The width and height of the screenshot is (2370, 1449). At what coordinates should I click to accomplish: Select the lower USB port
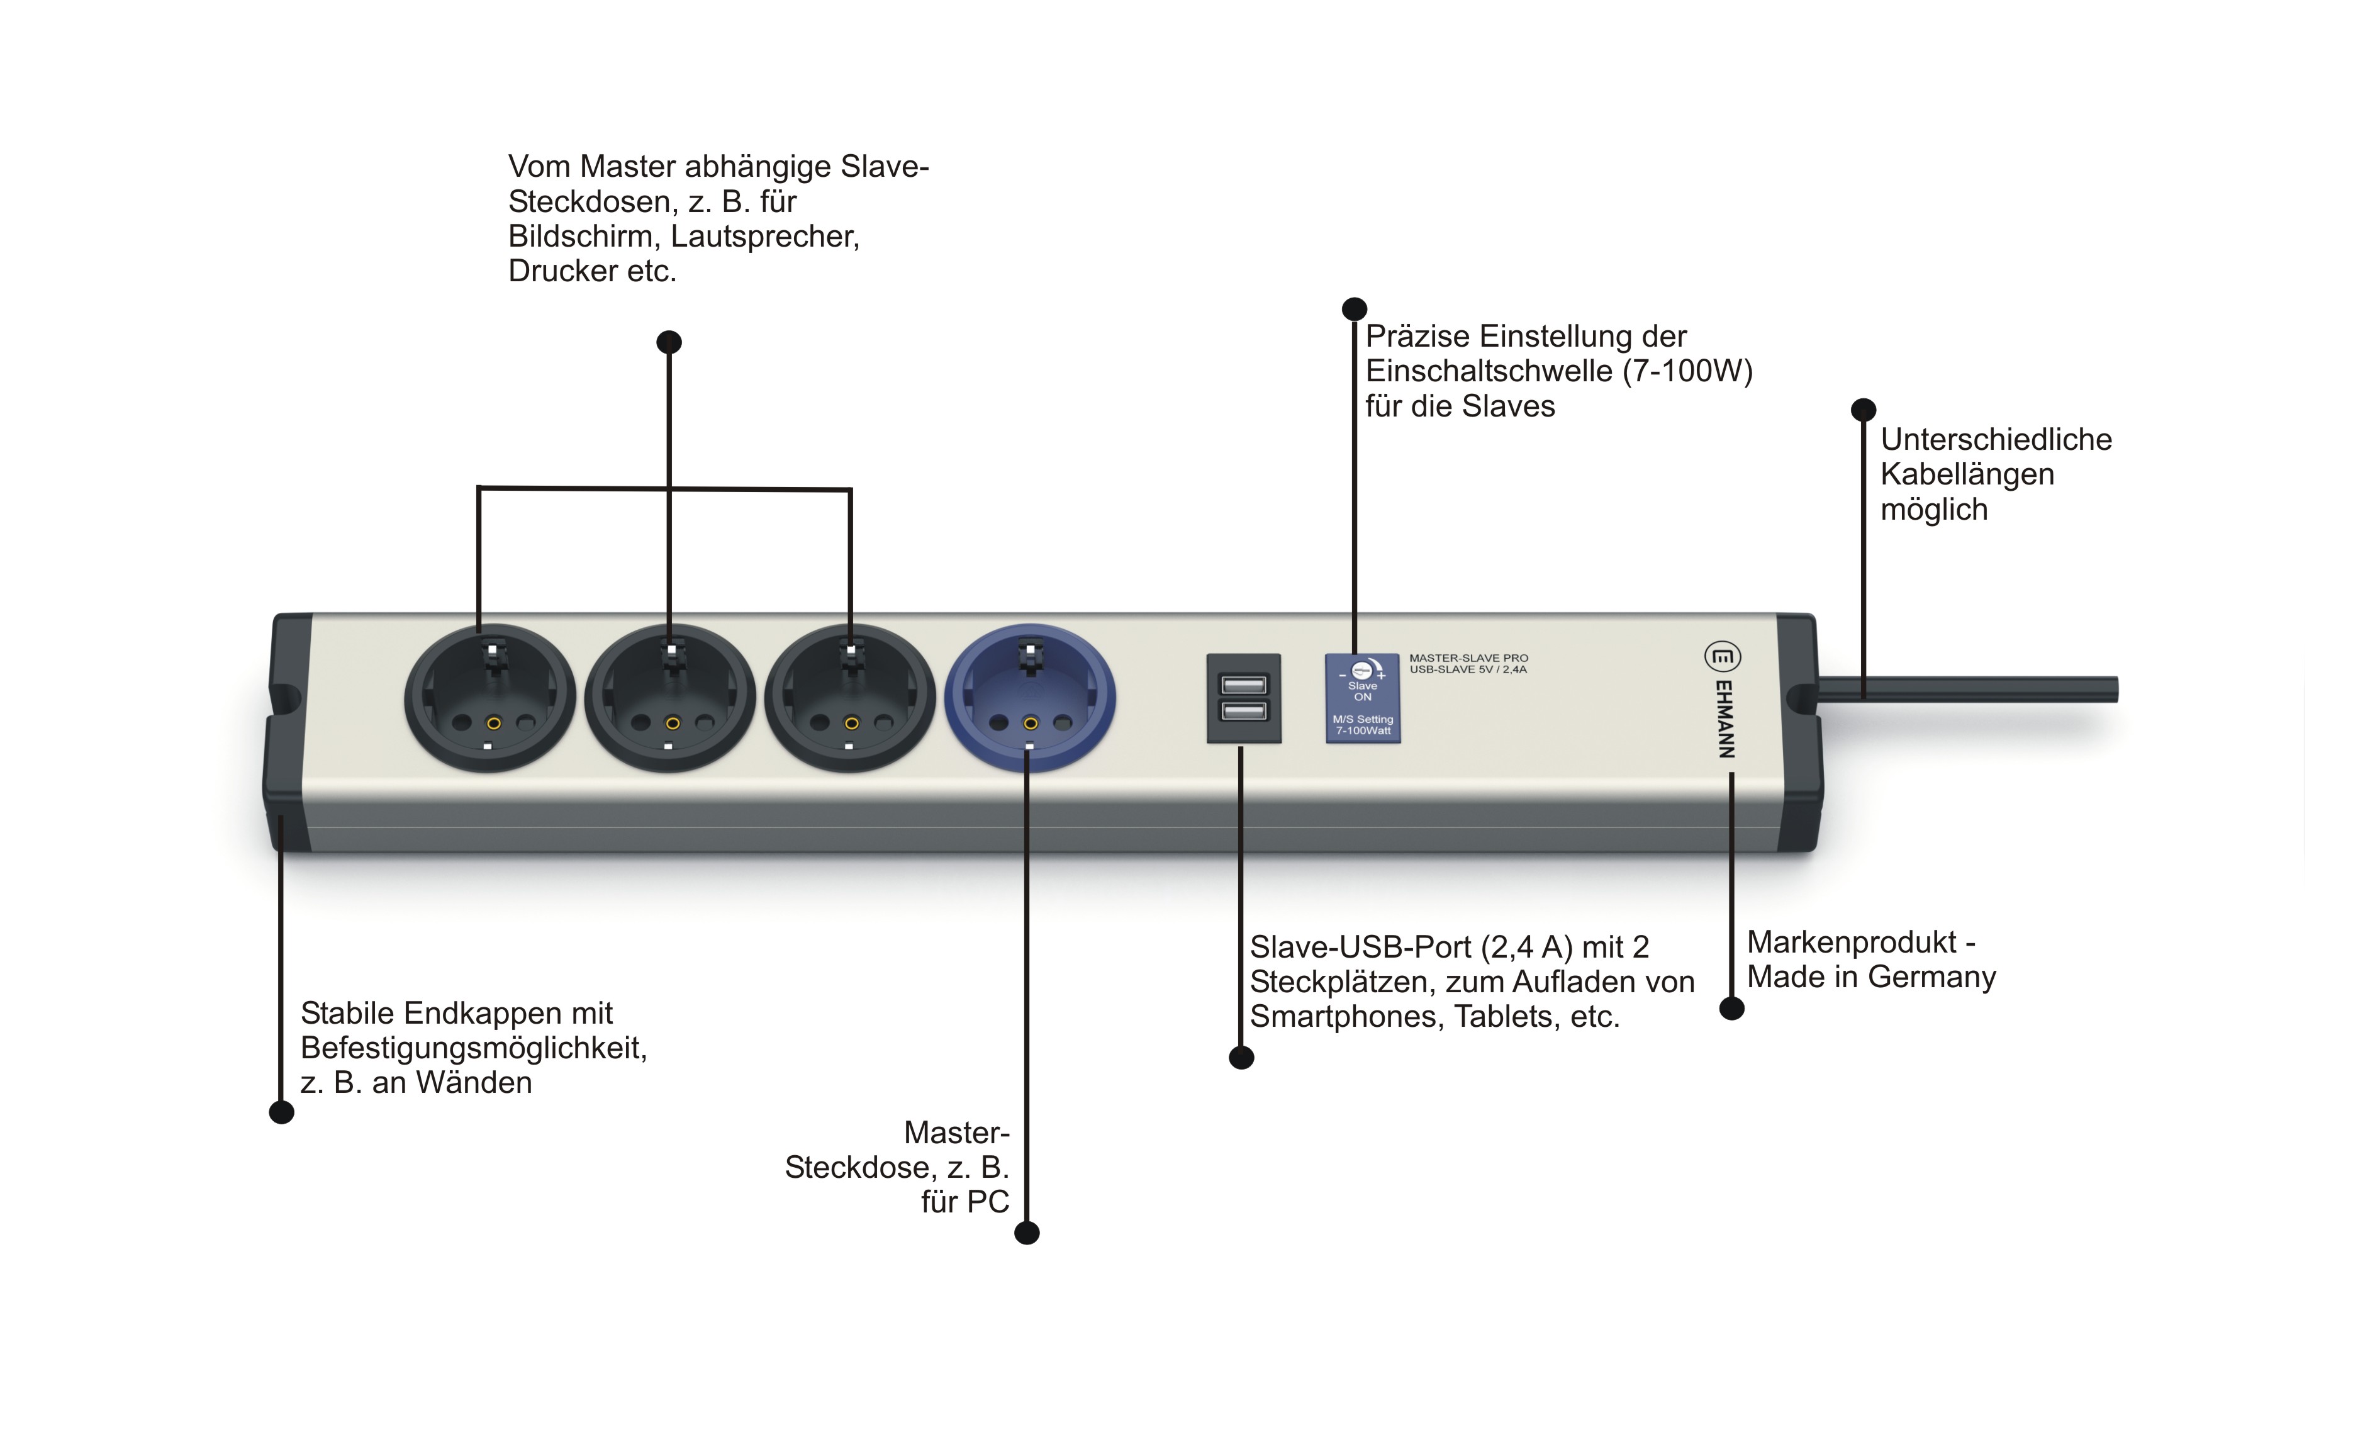1244,711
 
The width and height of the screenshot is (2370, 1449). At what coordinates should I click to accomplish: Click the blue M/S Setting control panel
1362,698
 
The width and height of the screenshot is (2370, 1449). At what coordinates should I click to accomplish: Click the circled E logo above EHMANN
1722,657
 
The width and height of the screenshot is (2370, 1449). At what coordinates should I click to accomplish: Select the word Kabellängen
1967,474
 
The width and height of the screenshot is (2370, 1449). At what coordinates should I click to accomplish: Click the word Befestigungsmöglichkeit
473,1048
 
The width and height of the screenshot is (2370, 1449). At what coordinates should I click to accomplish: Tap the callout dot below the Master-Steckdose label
1027,1233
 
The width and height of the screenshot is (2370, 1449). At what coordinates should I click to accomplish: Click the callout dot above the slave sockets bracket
669,342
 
